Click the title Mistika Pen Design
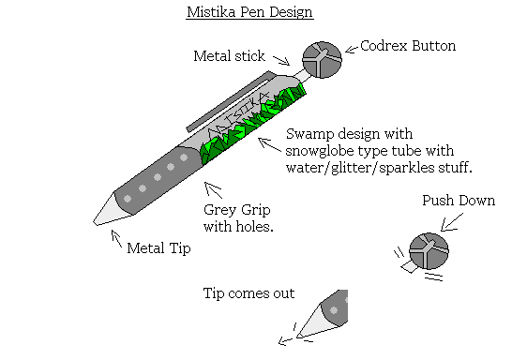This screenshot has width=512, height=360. [248, 13]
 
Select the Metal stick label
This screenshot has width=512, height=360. [231, 56]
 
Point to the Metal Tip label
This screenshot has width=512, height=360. [159, 248]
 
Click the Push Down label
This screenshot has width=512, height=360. [459, 201]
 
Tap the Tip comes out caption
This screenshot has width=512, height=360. [249, 293]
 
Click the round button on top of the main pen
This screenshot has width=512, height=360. [322, 60]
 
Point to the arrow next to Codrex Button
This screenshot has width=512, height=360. [352, 47]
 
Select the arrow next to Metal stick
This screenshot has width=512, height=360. [280, 61]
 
